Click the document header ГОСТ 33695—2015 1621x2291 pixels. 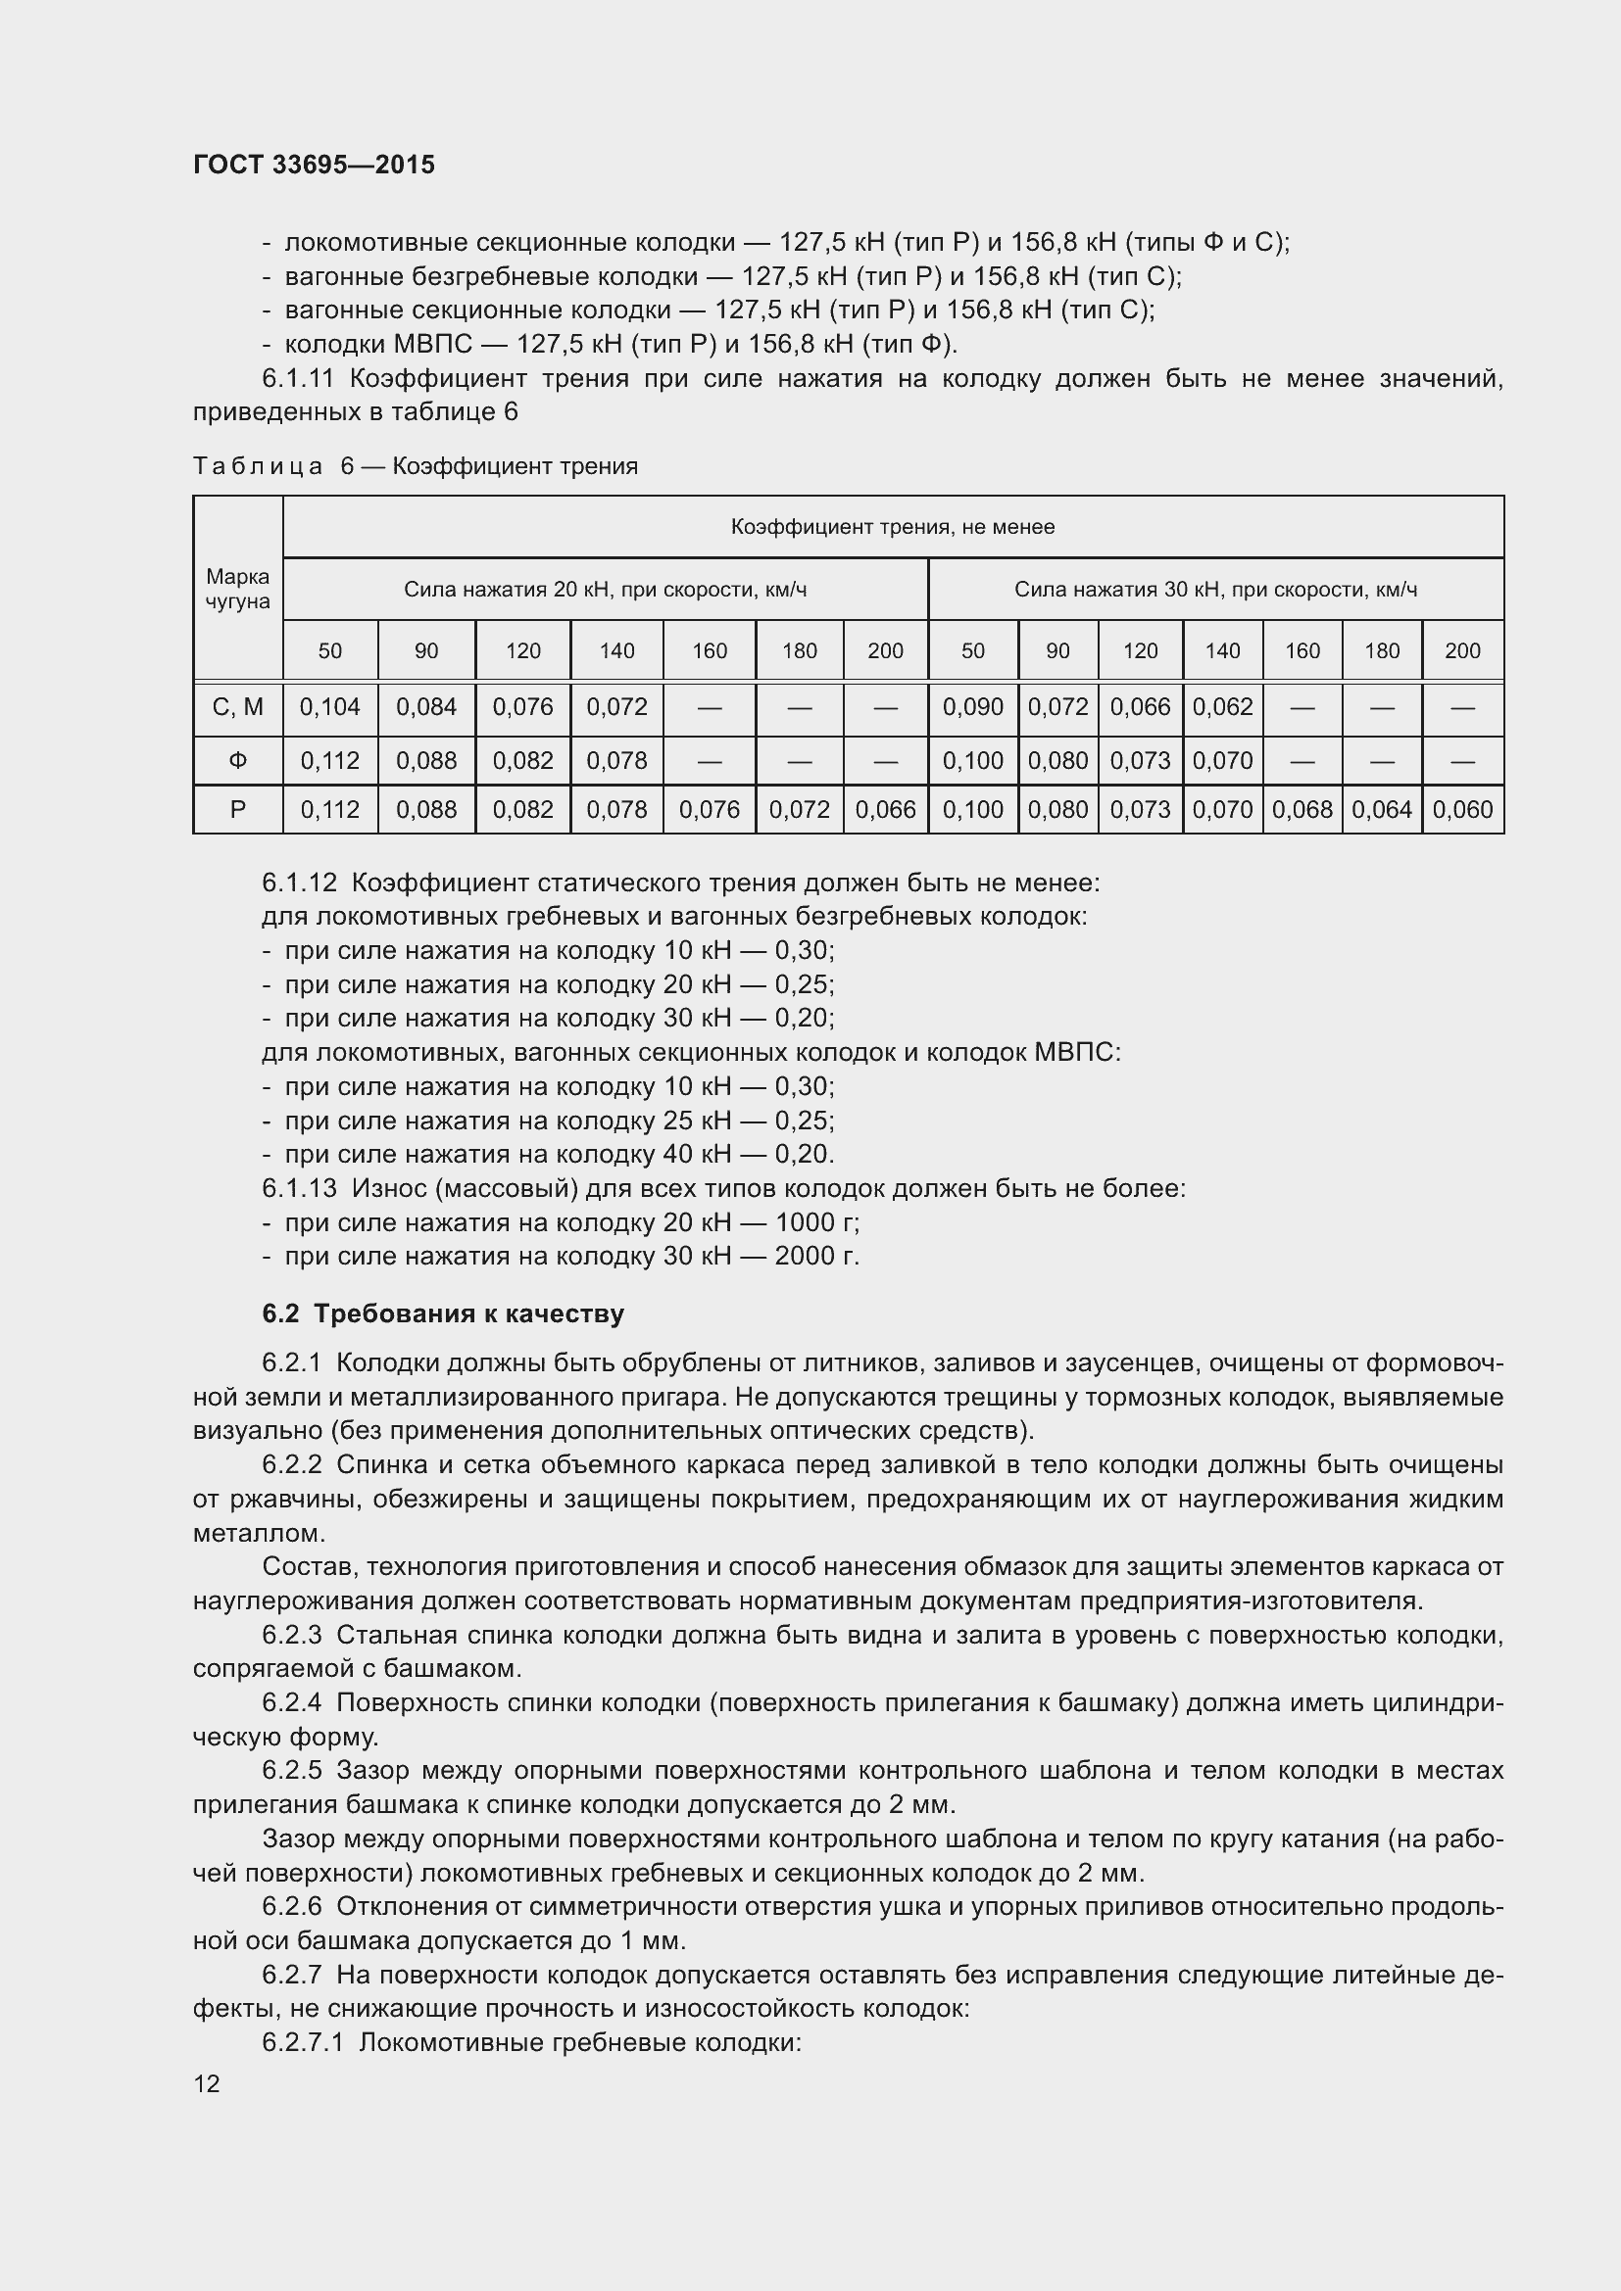pos(314,165)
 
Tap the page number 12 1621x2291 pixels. pos(207,2082)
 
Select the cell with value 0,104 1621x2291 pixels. pos(329,707)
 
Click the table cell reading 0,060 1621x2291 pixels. pos(1462,809)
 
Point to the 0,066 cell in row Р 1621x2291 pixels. pos(885,809)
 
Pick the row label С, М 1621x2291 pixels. pos(237,707)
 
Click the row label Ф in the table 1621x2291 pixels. pos(237,760)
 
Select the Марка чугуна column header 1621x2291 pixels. pos(237,589)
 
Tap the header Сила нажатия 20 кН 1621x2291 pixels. pos(605,589)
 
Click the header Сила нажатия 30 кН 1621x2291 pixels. pos(1214,589)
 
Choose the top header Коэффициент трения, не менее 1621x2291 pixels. pos(893,526)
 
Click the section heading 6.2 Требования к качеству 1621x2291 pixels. pos(443,1313)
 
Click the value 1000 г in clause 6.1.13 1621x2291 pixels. pos(815,1221)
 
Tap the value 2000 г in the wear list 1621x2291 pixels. pos(815,1256)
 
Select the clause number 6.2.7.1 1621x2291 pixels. pos(303,2041)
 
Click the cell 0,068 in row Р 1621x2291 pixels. pos(1302,809)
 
